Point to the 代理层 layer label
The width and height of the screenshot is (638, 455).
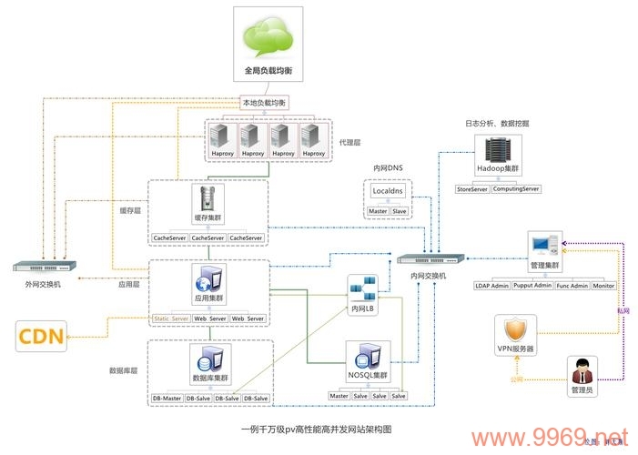[350, 143]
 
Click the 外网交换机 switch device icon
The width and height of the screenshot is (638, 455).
[45, 267]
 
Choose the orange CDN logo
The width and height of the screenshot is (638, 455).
[42, 338]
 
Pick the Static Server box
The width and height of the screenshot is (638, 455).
[171, 318]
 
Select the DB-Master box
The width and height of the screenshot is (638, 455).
[167, 399]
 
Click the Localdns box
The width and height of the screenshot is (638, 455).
[388, 191]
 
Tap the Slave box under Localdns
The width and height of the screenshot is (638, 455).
[400, 211]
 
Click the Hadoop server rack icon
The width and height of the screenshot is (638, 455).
[497, 150]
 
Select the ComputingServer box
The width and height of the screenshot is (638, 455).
[516, 189]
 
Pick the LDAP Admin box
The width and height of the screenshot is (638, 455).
[492, 286]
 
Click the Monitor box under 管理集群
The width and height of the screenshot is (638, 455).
[603, 286]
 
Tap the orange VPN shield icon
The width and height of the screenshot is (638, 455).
[516, 329]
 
